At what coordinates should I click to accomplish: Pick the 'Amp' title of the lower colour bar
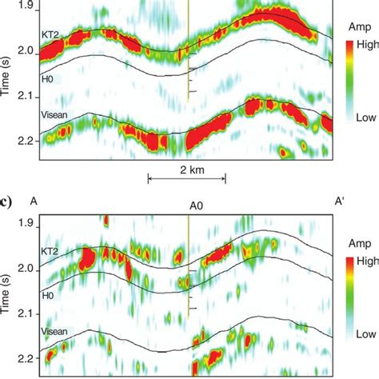(361, 240)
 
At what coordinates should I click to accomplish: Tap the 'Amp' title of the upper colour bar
(361, 26)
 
